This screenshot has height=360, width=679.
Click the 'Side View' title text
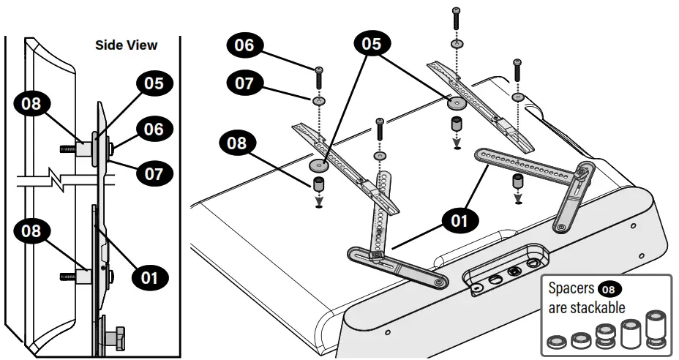click(x=126, y=45)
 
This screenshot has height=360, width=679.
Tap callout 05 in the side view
click(x=153, y=83)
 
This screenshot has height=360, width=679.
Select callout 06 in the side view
click(x=154, y=130)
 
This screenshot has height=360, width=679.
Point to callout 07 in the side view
click(x=154, y=174)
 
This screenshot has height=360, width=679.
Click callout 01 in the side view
click(x=149, y=277)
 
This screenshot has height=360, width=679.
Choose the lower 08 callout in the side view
click(x=31, y=233)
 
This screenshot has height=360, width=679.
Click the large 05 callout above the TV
click(x=371, y=44)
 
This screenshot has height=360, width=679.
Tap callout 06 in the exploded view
click(x=244, y=45)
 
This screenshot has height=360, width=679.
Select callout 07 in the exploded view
click(x=244, y=83)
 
